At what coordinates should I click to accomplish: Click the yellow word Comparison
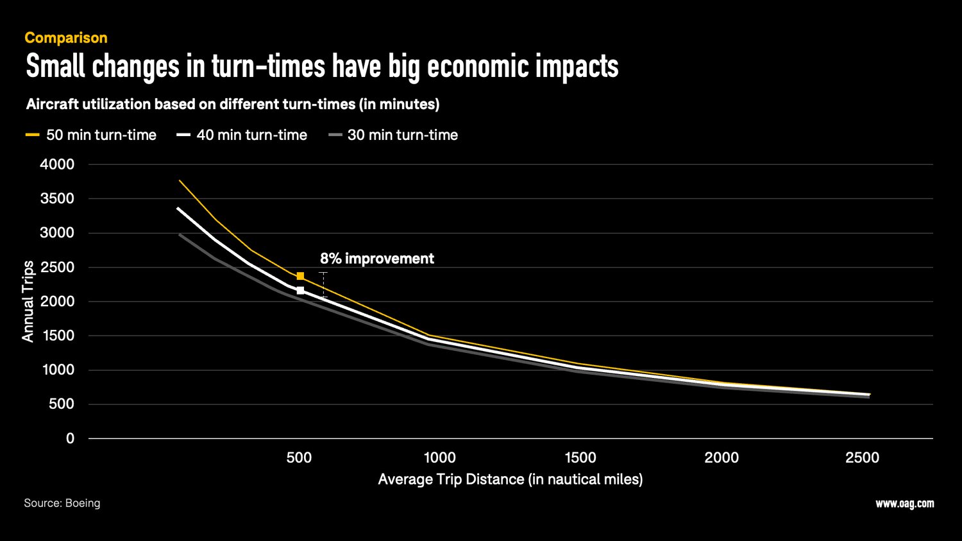[66, 38]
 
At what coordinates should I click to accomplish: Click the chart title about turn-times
[322, 67]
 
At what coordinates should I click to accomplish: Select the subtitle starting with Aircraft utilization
[232, 104]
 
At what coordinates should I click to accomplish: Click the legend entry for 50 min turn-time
[101, 135]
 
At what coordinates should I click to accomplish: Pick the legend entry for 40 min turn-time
[251, 135]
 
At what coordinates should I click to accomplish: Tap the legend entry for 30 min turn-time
[402, 135]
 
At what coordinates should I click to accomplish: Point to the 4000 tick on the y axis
[57, 164]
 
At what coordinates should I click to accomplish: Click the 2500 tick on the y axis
[57, 267]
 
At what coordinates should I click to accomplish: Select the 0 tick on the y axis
[70, 438]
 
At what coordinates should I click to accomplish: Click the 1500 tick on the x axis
[580, 458]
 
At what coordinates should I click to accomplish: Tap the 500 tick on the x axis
[299, 458]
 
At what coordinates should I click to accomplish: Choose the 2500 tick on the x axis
[862, 458]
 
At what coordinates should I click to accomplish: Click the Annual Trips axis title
[28, 301]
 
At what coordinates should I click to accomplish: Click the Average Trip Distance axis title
[510, 479]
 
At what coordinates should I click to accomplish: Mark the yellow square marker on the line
[300, 276]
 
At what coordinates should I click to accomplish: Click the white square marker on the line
[300, 291]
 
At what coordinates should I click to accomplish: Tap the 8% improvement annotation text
[376, 259]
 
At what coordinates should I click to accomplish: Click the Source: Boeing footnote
[62, 503]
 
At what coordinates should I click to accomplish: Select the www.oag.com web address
[904, 504]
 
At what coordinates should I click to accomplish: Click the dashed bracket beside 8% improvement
[323, 285]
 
